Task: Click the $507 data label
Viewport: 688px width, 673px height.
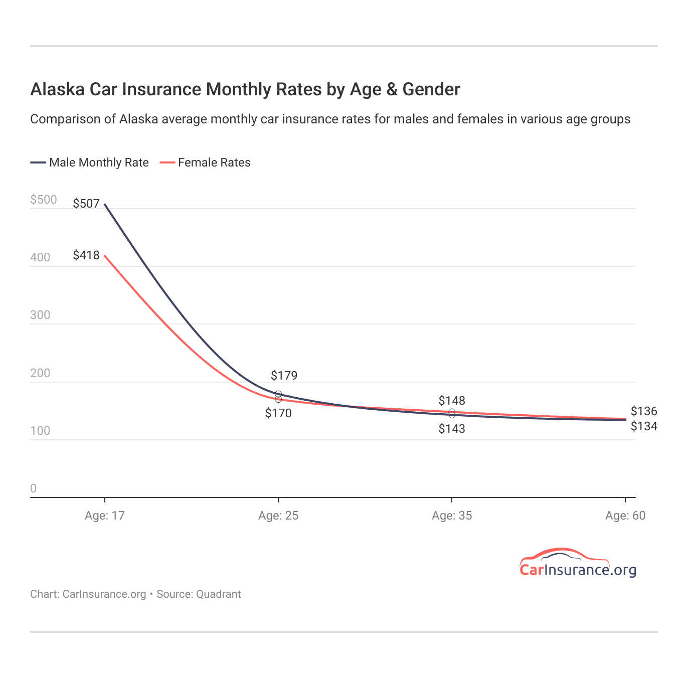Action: (86, 204)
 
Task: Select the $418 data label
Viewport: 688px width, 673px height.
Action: (86, 255)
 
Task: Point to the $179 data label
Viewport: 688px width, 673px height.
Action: (284, 376)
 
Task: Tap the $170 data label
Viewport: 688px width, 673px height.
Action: (278, 414)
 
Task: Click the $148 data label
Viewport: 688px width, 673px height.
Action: (452, 401)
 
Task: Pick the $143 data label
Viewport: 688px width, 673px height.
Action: (452, 429)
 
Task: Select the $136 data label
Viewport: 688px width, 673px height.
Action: (644, 412)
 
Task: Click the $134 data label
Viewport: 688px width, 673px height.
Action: (644, 427)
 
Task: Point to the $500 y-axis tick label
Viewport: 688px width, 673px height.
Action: (44, 200)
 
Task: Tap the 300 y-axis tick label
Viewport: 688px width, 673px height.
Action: (40, 315)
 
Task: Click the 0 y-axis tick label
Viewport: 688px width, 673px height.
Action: (34, 489)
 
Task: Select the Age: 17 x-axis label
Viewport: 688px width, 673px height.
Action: (104, 516)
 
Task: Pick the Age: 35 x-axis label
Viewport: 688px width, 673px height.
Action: (452, 516)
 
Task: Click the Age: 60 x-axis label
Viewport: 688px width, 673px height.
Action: (625, 516)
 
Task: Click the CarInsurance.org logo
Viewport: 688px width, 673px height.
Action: (578, 564)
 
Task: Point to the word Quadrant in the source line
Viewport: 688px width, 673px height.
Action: (218, 594)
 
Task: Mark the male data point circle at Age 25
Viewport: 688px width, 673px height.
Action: (278, 394)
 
